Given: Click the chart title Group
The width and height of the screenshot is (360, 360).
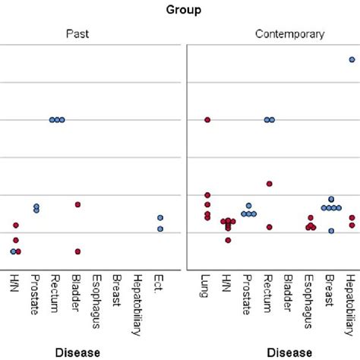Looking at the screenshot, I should (x=180, y=11).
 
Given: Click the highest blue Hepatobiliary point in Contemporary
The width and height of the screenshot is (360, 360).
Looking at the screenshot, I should (x=352, y=59).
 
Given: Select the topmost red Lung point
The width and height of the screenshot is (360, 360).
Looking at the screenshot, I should (x=207, y=120).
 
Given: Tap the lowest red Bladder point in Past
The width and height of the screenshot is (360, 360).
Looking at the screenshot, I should (x=77, y=251).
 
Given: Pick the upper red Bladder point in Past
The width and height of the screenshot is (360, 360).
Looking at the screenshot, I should (x=77, y=204).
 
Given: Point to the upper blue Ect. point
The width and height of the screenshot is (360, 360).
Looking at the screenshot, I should (x=160, y=219).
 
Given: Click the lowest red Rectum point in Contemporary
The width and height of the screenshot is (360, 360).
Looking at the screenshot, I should (x=269, y=227).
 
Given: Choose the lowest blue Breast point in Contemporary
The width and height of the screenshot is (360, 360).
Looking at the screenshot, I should (x=331, y=230).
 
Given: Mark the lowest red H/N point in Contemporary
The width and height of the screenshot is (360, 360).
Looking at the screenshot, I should (x=227, y=240).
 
